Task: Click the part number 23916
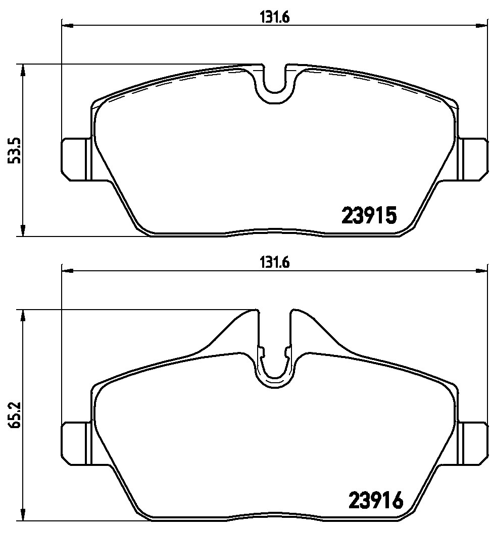pos(375,500)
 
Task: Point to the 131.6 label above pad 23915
pos(275,17)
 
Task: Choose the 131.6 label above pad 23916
pos(275,263)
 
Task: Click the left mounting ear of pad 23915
pos(76,159)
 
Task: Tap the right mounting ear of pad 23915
pos(472,159)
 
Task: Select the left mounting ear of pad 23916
pos(76,443)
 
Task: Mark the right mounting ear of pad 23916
pos(472,443)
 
